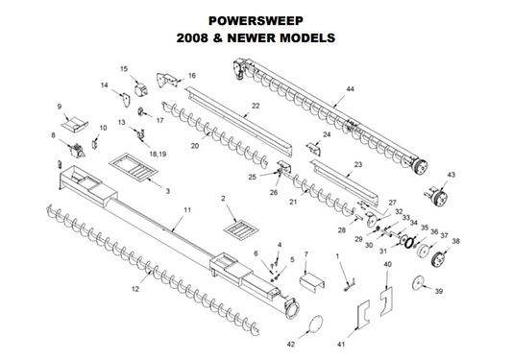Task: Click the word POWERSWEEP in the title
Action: point(256,21)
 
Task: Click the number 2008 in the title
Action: point(192,37)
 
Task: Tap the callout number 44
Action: point(350,89)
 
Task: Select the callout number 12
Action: point(135,289)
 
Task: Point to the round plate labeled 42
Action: point(315,324)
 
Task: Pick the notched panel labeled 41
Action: point(363,313)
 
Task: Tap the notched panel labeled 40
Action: point(387,301)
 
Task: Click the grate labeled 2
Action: point(241,228)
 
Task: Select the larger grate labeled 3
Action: point(134,167)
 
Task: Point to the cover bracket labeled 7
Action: point(312,281)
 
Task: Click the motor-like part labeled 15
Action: point(141,89)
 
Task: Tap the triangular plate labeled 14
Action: point(126,100)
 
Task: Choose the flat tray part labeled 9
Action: point(75,124)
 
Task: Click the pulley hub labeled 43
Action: point(436,197)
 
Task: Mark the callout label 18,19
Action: point(158,154)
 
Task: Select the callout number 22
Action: point(256,106)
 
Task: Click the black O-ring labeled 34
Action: point(408,243)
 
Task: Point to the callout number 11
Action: point(187,210)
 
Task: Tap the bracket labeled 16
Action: point(167,80)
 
